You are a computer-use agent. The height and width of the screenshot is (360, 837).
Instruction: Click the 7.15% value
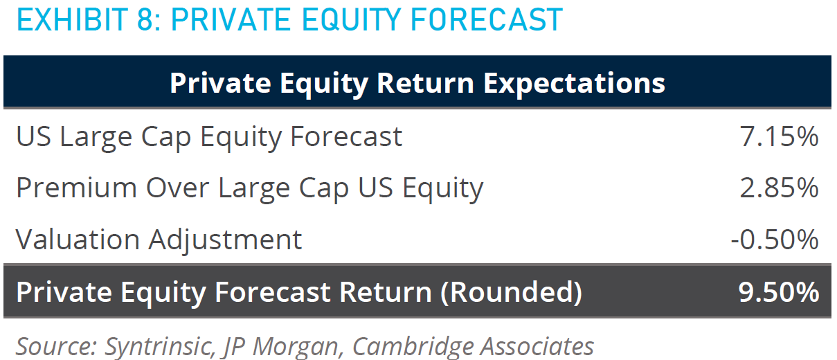click(x=779, y=136)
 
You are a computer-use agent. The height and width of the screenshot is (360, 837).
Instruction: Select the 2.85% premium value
click(x=779, y=188)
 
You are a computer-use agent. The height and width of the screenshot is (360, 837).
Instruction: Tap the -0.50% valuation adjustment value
click(x=775, y=240)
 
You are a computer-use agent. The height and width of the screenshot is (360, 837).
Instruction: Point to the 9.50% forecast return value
click(x=779, y=292)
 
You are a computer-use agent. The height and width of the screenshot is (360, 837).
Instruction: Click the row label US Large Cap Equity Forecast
click(x=209, y=138)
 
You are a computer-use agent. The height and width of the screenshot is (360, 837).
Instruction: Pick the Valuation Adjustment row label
click(x=159, y=240)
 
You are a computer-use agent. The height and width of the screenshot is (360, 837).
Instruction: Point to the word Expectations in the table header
click(x=575, y=84)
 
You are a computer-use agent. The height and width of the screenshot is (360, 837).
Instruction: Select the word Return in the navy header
click(x=426, y=83)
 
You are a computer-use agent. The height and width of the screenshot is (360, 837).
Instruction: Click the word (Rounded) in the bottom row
click(x=511, y=292)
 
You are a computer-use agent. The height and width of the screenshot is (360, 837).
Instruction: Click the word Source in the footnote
click(x=56, y=347)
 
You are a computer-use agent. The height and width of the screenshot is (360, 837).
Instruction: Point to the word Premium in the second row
click(x=76, y=188)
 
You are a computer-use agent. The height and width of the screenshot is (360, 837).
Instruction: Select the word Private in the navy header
click(x=220, y=83)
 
